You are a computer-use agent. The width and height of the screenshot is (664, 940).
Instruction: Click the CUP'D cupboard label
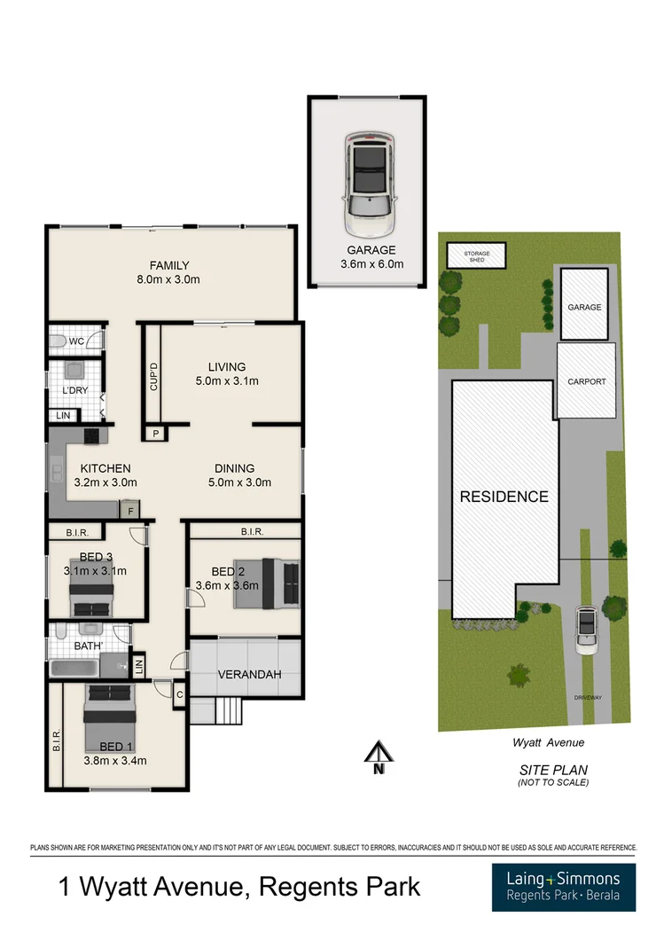coord(153,377)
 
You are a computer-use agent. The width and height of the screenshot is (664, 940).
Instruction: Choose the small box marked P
coord(155,434)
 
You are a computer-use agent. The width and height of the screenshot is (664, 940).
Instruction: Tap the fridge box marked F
coord(130,510)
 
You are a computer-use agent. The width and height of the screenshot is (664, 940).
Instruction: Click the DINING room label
coord(234,468)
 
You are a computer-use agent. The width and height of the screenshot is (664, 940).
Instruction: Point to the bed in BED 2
coord(267,583)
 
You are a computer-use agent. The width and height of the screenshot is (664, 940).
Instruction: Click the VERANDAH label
coord(249,675)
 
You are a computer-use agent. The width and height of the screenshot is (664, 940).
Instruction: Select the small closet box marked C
coord(179,695)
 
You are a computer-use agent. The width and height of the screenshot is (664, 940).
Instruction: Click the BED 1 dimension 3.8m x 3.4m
coord(115,760)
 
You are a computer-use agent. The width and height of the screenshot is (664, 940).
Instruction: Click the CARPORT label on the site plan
coord(586,381)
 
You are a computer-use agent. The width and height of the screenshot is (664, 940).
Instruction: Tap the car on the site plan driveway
coord(586,630)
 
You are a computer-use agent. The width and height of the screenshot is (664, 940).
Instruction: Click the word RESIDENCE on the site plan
coord(504,497)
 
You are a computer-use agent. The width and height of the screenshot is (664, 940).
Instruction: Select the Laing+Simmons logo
coord(563,887)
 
